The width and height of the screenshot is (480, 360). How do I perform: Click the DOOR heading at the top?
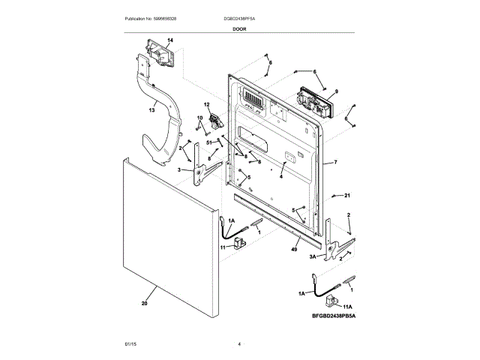coord(239,28)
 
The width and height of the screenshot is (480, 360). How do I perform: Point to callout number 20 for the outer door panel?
coord(144,304)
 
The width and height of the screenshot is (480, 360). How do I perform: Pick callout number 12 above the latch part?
coord(207,104)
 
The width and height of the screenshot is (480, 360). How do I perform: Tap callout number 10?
coord(200,119)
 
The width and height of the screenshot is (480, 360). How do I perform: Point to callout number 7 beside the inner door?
coord(335,162)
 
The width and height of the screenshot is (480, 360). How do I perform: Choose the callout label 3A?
coord(313,256)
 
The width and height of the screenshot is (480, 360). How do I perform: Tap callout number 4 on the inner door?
coord(280,176)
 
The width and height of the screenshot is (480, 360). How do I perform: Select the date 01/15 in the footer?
coord(129,344)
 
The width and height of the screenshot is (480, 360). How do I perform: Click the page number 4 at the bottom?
coord(239,344)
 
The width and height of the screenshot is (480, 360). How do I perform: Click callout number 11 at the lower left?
coord(223,247)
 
